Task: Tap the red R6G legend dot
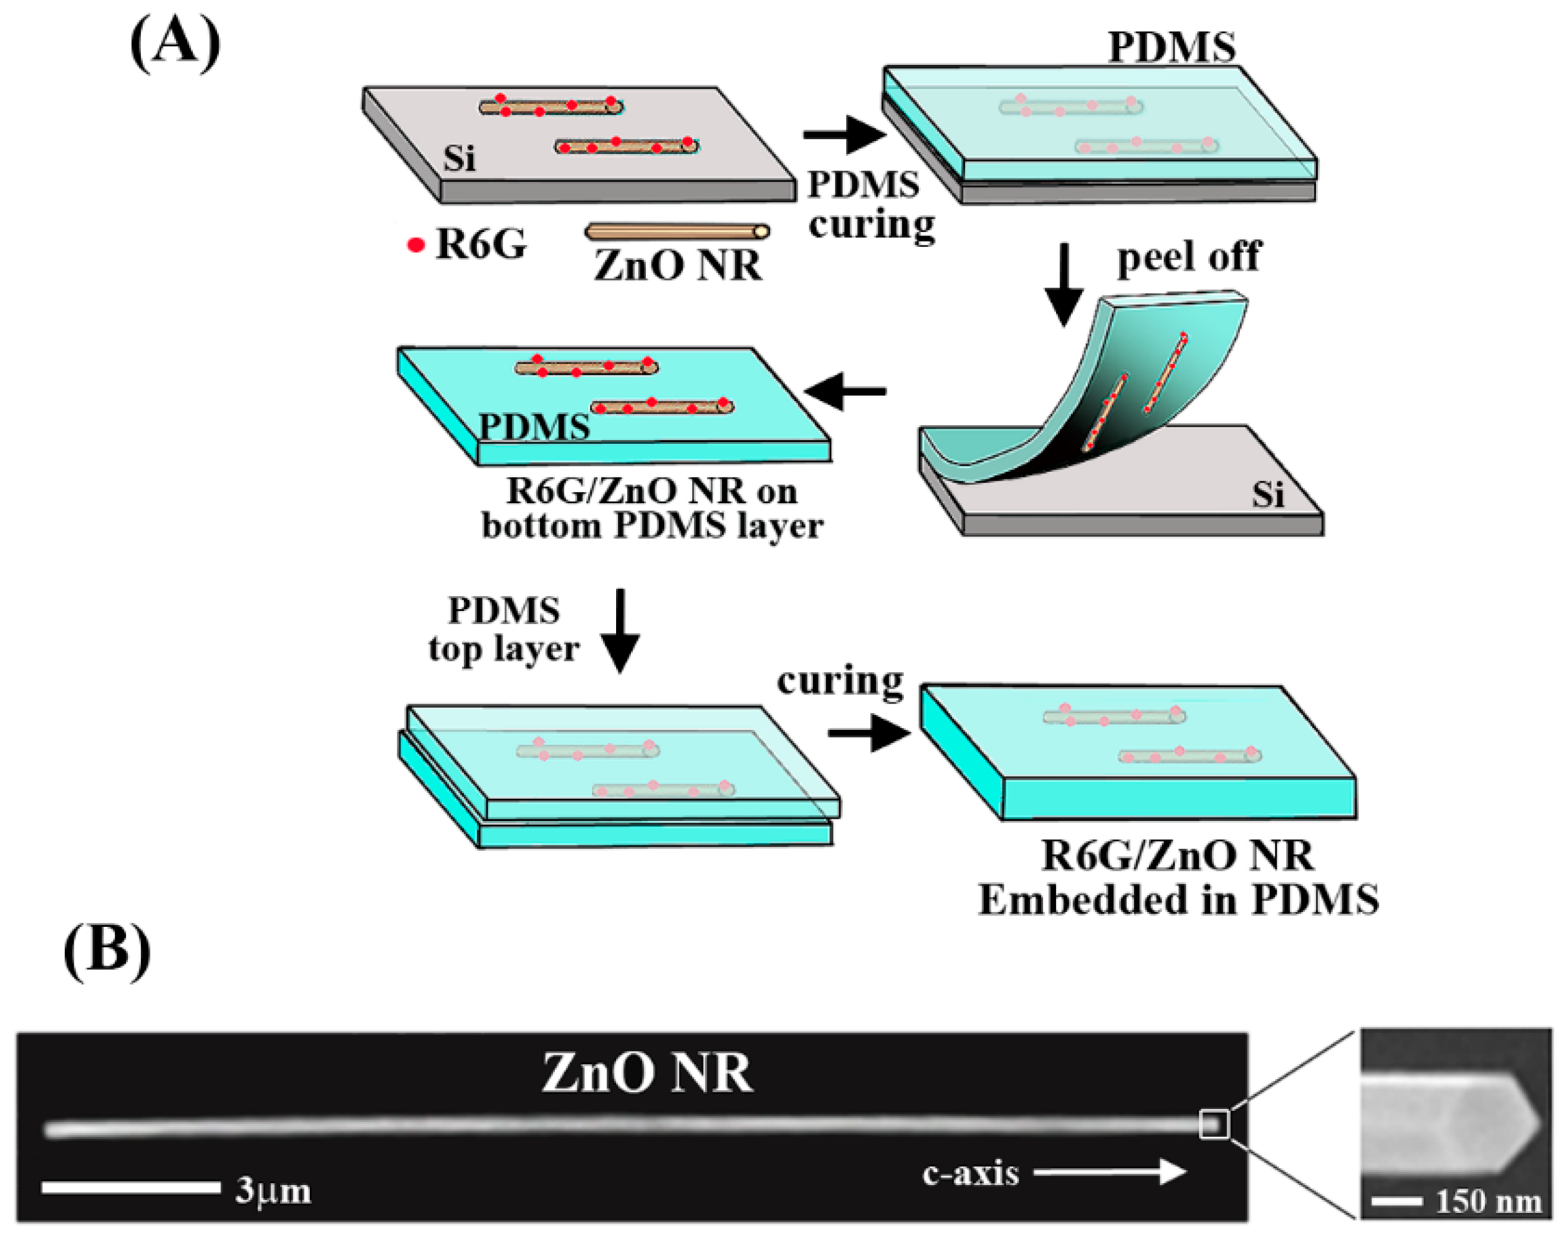[x=416, y=245]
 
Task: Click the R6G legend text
[x=481, y=244]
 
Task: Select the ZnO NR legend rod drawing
[x=677, y=231]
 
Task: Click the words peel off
[x=1189, y=255]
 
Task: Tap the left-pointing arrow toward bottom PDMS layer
[x=845, y=391]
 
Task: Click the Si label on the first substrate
[x=460, y=158]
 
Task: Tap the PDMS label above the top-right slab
[x=1172, y=48]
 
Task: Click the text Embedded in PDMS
[x=1178, y=900]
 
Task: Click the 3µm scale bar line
[x=131, y=1187]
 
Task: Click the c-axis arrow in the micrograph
[x=1110, y=1172]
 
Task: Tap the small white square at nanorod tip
[x=1214, y=1124]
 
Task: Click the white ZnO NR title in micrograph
[x=647, y=1073]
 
